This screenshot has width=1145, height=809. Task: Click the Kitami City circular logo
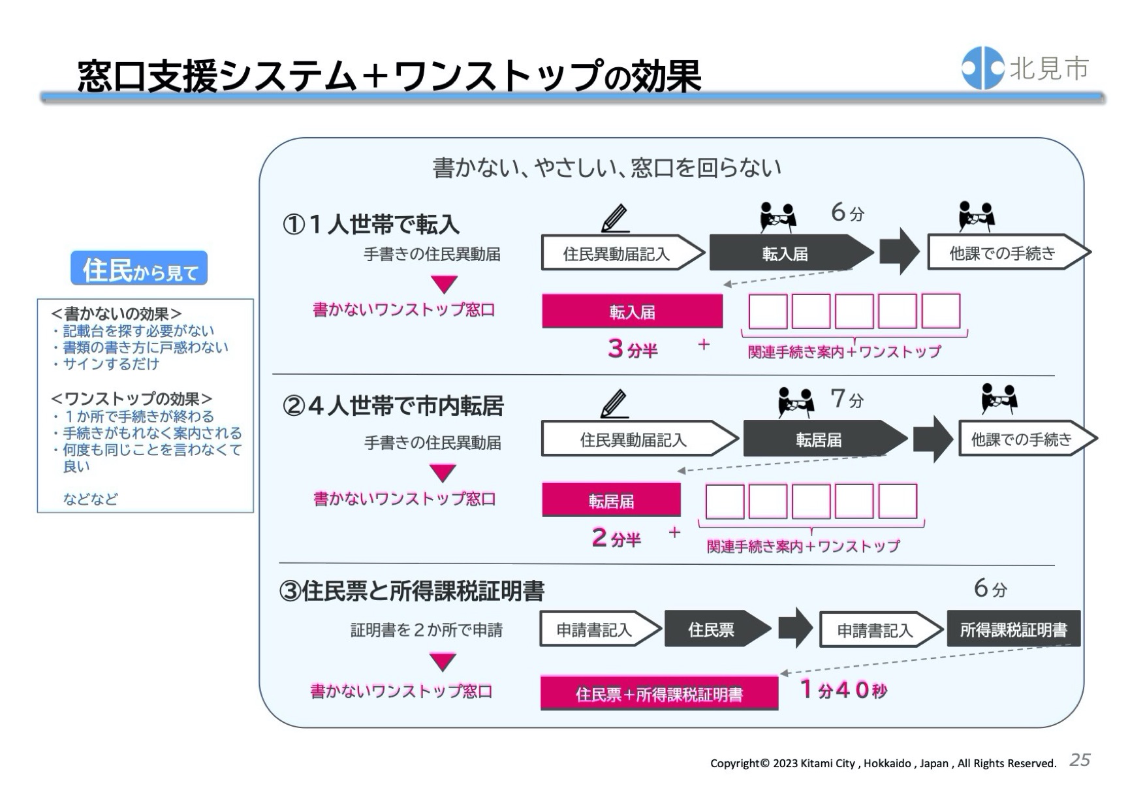[x=982, y=68]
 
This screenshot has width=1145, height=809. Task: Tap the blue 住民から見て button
[x=139, y=268]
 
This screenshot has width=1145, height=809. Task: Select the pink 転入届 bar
[x=632, y=311]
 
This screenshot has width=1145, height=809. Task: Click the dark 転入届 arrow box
[x=786, y=253]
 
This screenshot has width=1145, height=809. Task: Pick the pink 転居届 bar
[x=611, y=501]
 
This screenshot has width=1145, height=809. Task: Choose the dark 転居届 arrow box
[x=819, y=439]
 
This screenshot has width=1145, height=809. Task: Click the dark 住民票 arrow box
[x=712, y=629]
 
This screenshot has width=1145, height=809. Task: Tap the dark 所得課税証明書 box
[x=1013, y=629]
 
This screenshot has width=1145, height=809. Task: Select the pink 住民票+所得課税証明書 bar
[x=659, y=694]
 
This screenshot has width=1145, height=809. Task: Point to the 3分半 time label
[x=632, y=349]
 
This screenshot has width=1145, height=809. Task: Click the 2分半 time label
[x=616, y=538]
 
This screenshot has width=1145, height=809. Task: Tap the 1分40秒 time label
[x=843, y=690]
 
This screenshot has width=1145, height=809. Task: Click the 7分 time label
[x=847, y=398]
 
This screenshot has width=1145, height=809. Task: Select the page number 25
[x=1080, y=760]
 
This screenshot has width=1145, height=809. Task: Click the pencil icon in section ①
[x=615, y=218]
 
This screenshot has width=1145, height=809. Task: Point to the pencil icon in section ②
[x=614, y=404]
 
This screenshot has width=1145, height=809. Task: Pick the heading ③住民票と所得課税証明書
[x=412, y=591]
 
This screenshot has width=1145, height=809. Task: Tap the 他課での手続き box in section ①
[x=1003, y=253]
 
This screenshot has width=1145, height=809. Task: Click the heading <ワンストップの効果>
[x=131, y=398]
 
